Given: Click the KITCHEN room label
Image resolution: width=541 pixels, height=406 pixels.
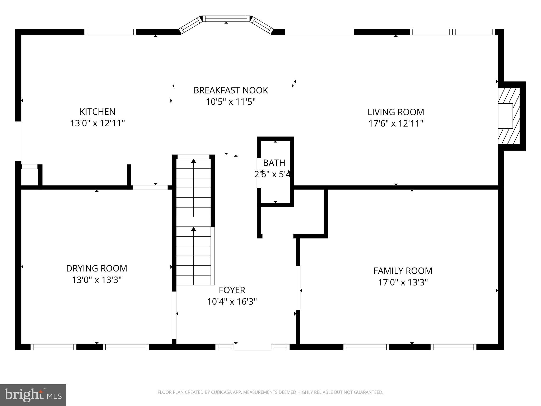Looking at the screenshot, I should coord(97,112).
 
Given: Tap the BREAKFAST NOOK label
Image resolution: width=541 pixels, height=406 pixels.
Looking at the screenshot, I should coord(231,90).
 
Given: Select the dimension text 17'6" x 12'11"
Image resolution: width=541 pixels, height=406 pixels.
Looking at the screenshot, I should coord(396,123).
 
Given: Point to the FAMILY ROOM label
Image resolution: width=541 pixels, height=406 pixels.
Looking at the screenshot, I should coord(403,271).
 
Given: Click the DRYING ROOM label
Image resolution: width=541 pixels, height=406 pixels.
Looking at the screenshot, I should coord(96,268).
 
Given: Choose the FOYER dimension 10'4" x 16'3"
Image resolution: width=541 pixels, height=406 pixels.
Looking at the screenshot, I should coord(232,302).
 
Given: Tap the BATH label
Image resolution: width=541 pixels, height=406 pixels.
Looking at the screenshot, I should coord(274,163).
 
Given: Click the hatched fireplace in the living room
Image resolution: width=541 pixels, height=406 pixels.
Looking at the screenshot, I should coord(509,116).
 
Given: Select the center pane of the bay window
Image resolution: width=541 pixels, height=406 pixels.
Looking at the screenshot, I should coord(226,19).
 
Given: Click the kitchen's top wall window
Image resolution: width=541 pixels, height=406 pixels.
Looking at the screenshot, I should coord(110,32).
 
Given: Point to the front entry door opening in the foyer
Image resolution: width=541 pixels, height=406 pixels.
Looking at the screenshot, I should coord(252,347).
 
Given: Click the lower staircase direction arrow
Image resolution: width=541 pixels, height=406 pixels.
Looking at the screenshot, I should coord(194,229).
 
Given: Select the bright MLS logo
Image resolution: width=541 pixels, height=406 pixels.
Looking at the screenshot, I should coord(33,395).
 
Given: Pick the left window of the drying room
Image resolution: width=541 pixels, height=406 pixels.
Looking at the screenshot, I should coord(53,347).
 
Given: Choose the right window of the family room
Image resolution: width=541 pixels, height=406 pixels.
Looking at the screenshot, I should coord(453,347).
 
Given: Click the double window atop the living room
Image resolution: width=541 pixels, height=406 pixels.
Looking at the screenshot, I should coord(452,32).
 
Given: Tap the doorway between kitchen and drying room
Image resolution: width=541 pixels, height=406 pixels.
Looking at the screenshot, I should coord(150,187).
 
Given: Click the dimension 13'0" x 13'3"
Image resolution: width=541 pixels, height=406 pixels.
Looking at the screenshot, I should coord(96,280).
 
